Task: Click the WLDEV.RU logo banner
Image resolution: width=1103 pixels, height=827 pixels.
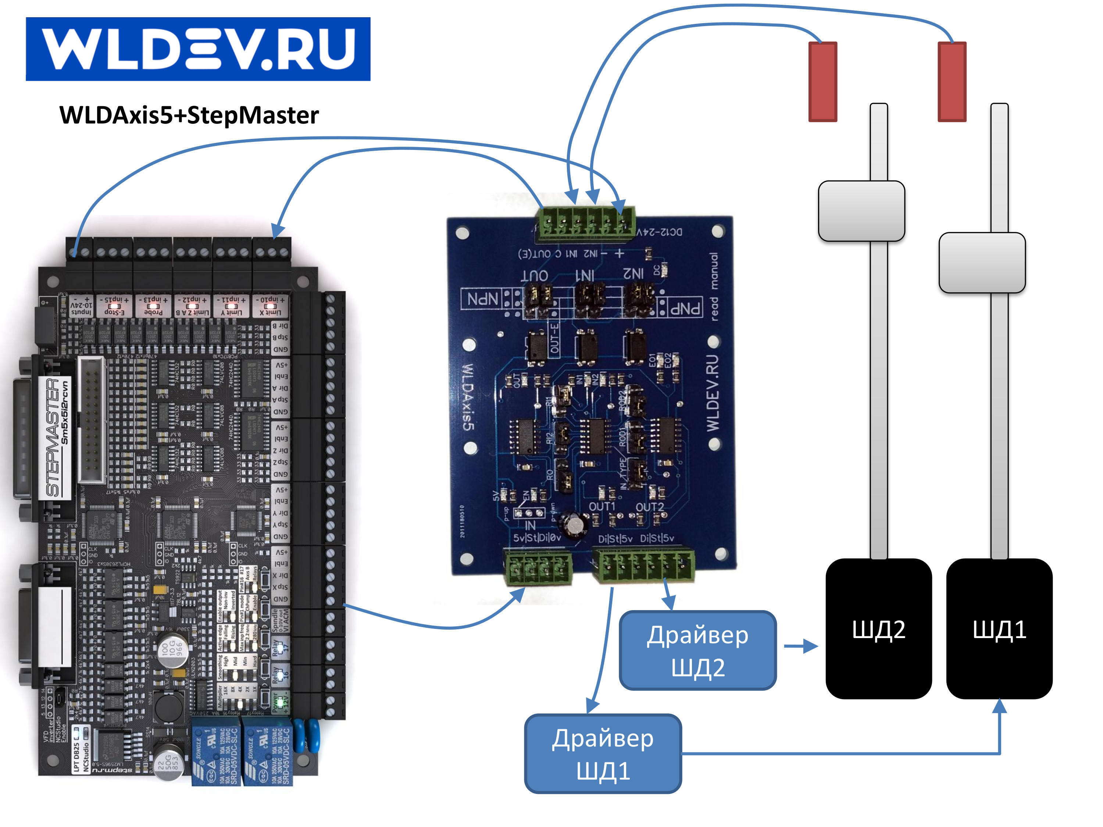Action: point(198,49)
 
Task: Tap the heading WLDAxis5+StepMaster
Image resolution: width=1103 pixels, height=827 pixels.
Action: point(189,115)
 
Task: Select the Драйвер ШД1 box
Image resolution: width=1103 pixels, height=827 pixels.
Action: point(603,753)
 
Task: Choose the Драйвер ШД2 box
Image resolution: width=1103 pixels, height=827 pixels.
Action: point(697,650)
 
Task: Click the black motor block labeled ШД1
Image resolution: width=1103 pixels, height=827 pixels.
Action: point(999,628)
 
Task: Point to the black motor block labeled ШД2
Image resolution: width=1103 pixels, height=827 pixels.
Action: point(879,628)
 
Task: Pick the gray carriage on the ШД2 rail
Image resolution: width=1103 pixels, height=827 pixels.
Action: point(861,211)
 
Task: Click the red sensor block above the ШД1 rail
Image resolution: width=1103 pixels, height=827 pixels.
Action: point(952,81)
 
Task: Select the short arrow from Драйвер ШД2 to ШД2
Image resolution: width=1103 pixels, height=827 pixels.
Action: point(801,647)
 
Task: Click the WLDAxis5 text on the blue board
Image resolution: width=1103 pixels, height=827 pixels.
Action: point(468,396)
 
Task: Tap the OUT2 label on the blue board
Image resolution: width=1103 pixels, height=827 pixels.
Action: point(649,507)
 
